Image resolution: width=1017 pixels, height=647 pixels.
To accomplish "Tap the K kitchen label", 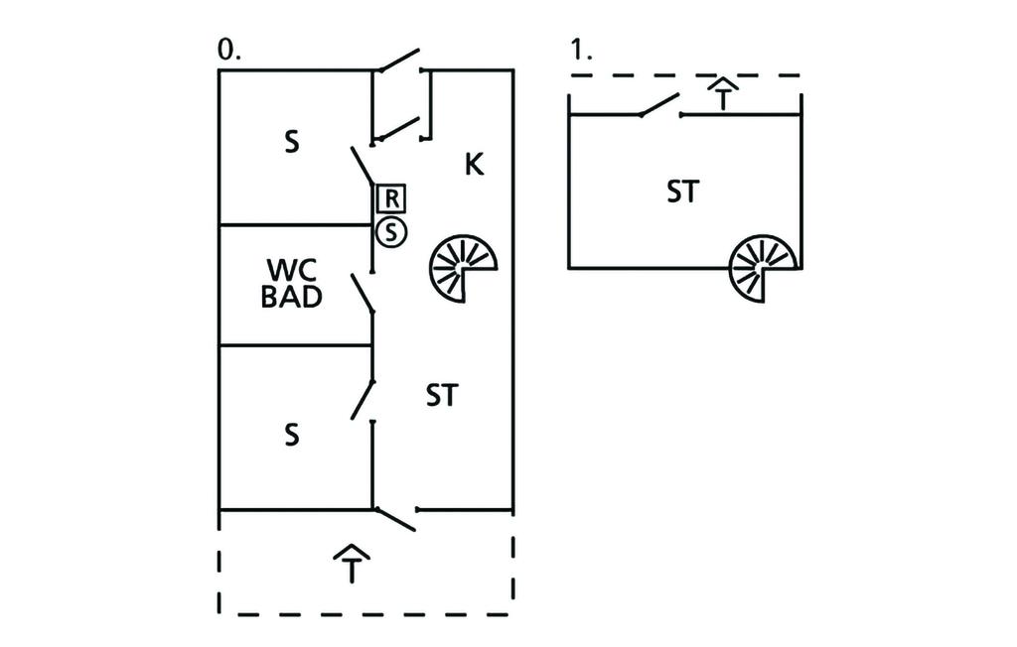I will (475, 165).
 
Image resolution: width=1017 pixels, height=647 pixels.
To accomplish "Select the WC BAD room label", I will (291, 284).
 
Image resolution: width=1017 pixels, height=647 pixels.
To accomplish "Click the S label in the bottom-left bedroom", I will (291, 436).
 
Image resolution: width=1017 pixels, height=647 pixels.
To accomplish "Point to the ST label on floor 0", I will (442, 396).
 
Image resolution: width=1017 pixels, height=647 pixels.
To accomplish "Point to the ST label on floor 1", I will (682, 193).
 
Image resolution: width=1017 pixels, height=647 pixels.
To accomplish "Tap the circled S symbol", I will (391, 233).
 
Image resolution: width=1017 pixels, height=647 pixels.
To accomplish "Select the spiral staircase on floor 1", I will (763, 268).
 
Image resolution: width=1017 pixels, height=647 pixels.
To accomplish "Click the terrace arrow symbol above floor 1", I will (724, 96).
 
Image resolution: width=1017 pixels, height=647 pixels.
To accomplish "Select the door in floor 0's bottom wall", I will (395, 518).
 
